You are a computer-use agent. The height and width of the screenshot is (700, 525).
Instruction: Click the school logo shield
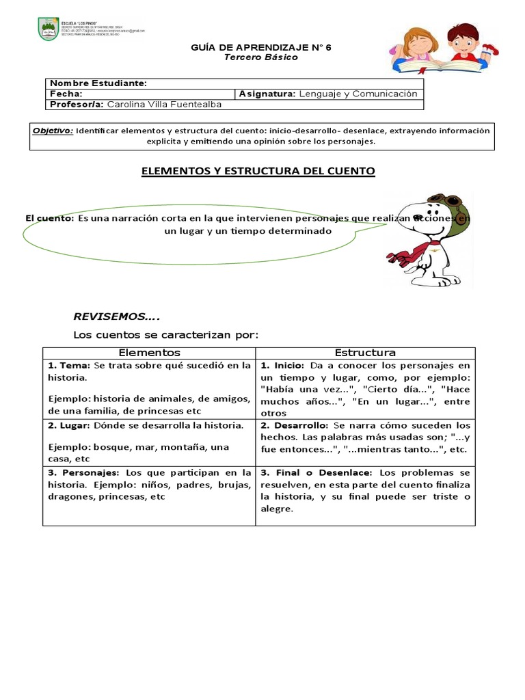pos(47,29)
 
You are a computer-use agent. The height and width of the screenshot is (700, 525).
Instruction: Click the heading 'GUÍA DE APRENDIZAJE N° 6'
pos(262,48)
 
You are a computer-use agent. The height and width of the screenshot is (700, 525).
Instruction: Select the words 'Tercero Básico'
pos(261,57)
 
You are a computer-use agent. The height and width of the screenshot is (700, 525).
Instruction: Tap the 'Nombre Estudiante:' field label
pos(98,83)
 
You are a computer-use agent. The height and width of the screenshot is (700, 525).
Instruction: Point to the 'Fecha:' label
pos(66,94)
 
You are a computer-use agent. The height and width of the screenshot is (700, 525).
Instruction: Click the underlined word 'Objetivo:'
pos(53,130)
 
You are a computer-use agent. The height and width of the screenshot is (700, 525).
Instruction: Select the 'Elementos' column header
pos(149,353)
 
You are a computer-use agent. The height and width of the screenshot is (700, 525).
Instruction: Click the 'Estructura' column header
pos(365,353)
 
